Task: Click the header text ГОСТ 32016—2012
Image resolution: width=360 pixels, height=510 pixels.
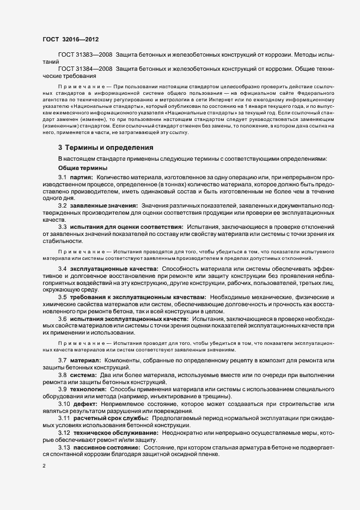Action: point(70,39)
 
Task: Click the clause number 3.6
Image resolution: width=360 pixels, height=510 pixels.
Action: point(62,318)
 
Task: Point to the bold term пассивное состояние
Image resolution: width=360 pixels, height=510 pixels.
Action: point(106,447)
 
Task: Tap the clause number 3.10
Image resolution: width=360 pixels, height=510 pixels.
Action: point(64,404)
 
